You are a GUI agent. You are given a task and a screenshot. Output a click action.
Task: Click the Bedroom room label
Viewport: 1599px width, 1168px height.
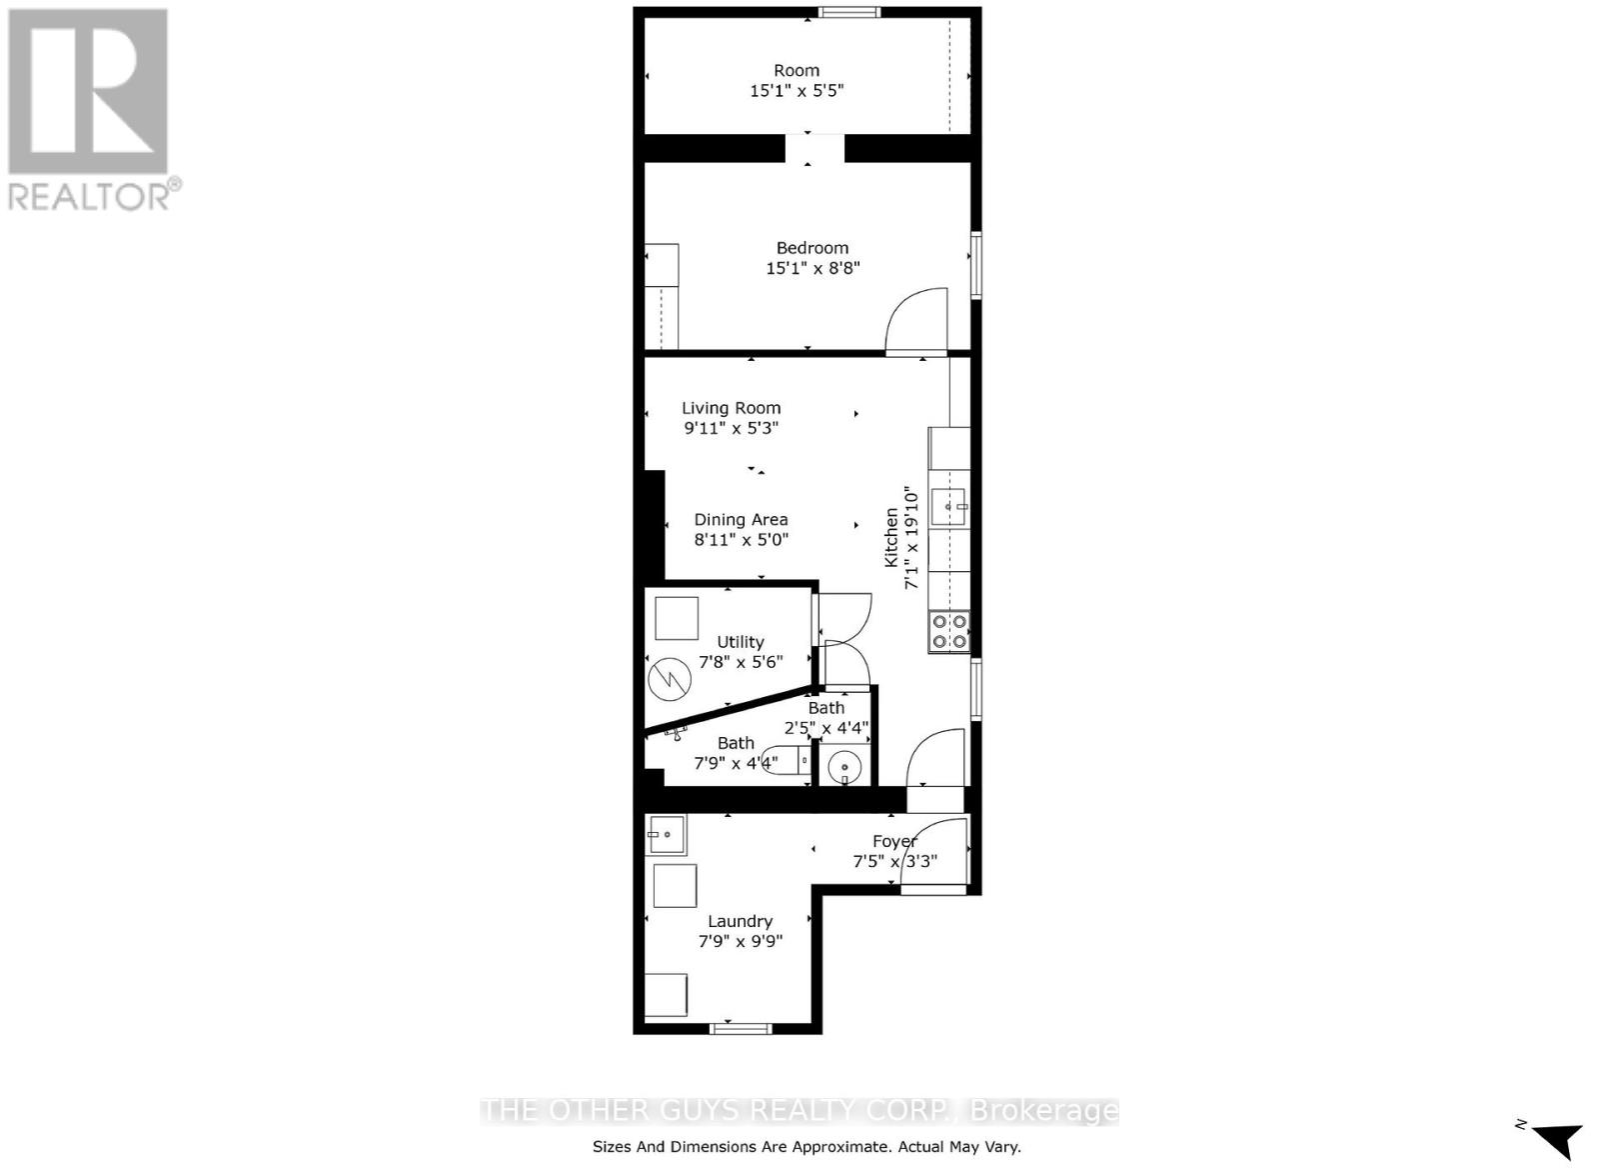[x=812, y=248]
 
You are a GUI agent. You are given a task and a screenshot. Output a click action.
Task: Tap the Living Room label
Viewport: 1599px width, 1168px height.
[x=731, y=408]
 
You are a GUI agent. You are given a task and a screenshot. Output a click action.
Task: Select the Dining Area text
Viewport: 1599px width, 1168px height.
[x=741, y=519]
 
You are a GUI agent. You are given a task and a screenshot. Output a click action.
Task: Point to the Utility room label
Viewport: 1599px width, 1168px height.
[x=741, y=642]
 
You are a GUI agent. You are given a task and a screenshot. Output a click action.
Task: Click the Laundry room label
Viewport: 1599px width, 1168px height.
[x=741, y=922]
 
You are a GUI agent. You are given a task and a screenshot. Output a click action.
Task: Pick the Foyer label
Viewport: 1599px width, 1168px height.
[x=894, y=842]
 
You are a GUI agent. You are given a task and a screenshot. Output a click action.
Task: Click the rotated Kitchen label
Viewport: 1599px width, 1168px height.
[x=890, y=537]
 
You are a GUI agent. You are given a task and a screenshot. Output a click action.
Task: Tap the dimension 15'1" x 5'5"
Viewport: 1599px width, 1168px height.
[x=797, y=91]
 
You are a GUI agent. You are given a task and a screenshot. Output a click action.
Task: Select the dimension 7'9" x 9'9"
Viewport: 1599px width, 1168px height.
[x=741, y=941]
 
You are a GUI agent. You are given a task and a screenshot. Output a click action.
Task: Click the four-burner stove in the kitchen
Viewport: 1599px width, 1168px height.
[x=948, y=632]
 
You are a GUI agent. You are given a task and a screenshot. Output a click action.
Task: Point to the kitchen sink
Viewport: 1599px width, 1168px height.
[x=948, y=507]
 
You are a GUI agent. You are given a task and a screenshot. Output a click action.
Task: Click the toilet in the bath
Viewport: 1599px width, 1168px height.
[x=787, y=760]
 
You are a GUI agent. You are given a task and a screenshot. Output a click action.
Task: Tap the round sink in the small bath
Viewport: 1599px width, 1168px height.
[x=844, y=768]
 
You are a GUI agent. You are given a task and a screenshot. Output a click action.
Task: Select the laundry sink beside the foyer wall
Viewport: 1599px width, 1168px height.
[x=667, y=834]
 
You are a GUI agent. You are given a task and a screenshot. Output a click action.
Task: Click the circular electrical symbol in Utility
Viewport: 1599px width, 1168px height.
[x=670, y=679]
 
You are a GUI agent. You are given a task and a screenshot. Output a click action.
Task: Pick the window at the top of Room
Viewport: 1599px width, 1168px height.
[x=849, y=12]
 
